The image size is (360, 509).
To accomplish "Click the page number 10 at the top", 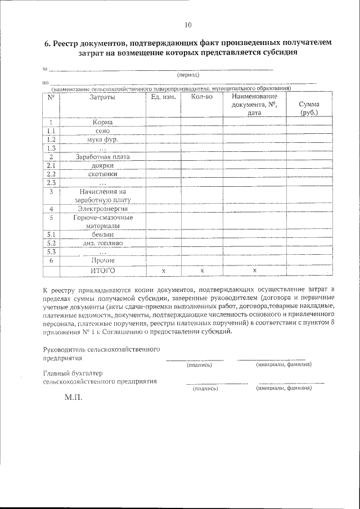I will (188, 25).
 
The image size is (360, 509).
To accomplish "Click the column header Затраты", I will (102, 97).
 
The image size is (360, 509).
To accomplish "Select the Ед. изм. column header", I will (164, 97).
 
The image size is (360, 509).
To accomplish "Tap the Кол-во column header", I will (201, 97).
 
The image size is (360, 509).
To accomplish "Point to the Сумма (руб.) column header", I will (309, 108).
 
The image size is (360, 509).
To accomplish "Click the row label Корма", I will (102, 123).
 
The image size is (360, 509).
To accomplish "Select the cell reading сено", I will (102, 130).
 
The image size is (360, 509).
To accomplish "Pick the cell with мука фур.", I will (102, 139).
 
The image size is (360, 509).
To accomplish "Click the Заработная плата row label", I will (102, 157).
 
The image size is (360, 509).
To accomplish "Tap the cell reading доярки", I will (102, 165).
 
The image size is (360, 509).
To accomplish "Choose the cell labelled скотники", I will (102, 174).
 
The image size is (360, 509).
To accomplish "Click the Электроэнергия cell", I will (102, 209).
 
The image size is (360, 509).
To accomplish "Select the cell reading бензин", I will (102, 234).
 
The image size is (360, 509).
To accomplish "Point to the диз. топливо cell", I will (102, 243).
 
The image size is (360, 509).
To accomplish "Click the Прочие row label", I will (102, 260).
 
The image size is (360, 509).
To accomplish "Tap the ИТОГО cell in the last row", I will (102, 271).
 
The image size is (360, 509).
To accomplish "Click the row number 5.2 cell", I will (51, 243).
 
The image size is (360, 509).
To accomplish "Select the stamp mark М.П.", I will (73, 398).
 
